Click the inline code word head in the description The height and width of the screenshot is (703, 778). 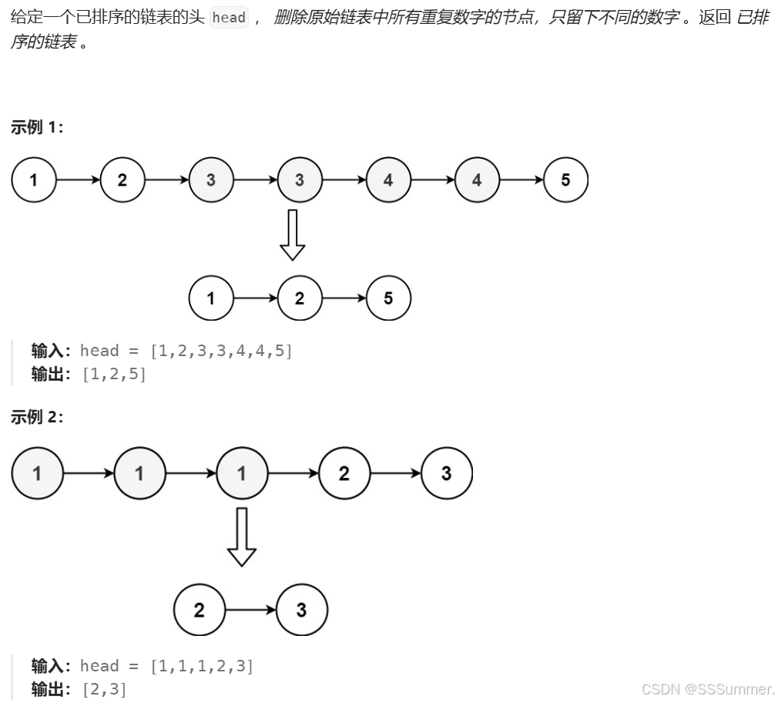pyautogui.click(x=229, y=18)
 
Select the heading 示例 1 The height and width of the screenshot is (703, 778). pyautogui.click(x=37, y=128)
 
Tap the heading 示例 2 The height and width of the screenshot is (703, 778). pyautogui.click(x=37, y=417)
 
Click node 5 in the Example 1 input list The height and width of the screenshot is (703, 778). pyautogui.click(x=565, y=180)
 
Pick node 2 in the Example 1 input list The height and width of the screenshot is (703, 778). pyautogui.click(x=122, y=180)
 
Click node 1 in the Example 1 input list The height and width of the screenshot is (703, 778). pyautogui.click(x=33, y=180)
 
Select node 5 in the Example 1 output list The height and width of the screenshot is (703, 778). pyautogui.click(x=388, y=298)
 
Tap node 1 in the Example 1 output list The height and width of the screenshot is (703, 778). pyautogui.click(x=211, y=298)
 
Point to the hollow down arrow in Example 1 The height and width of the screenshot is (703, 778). pyautogui.click(x=292, y=235)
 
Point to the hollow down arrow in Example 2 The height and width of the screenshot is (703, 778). pyautogui.click(x=241, y=536)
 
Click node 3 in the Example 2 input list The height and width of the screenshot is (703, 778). pyautogui.click(x=446, y=473)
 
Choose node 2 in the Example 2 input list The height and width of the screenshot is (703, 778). pyautogui.click(x=344, y=473)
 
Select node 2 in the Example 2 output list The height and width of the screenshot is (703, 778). pyautogui.click(x=199, y=610)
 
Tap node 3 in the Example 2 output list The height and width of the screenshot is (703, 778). pyautogui.click(x=301, y=610)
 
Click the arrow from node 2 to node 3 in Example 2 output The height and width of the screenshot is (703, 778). pyautogui.click(x=250, y=610)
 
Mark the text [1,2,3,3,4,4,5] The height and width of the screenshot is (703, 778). pyautogui.click(x=221, y=351)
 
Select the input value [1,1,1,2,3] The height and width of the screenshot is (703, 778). pyautogui.click(x=202, y=666)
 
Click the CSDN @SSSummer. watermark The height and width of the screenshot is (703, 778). pyautogui.click(x=707, y=688)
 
